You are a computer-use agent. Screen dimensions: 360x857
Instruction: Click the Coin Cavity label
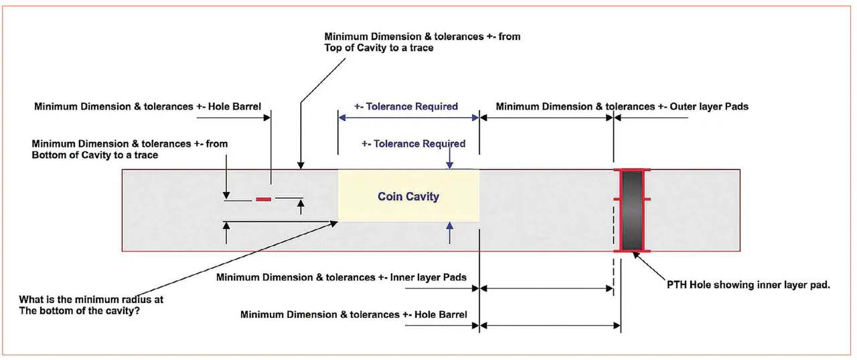tap(408, 196)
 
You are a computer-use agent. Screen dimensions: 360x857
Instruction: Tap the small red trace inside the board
tap(264, 199)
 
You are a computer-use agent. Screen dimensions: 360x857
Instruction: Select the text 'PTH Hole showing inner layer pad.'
tap(749, 284)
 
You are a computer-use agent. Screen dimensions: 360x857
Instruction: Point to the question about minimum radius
tap(92, 304)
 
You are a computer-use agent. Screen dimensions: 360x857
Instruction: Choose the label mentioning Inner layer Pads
tap(341, 277)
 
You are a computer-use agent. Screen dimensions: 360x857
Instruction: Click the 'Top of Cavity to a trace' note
tap(422, 42)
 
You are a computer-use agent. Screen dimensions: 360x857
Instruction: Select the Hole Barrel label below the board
tap(354, 314)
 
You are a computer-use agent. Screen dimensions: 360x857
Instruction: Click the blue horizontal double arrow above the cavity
tap(408, 118)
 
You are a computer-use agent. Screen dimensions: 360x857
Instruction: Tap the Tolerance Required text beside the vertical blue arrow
tap(413, 143)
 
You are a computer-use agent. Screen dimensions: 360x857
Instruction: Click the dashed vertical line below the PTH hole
tap(613, 268)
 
